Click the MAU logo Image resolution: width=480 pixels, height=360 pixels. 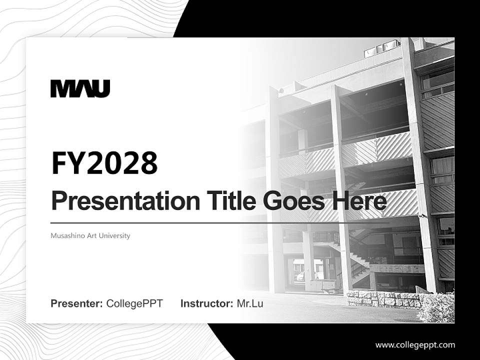pyautogui.click(x=80, y=88)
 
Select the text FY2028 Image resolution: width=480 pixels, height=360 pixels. pyautogui.click(x=104, y=163)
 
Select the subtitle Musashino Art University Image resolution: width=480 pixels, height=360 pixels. pyautogui.click(x=90, y=235)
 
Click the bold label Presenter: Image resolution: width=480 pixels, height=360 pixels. pyautogui.click(x=77, y=303)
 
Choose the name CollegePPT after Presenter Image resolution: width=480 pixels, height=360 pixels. pyautogui.click(x=134, y=303)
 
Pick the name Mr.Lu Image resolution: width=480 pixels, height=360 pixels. pyautogui.click(x=250, y=303)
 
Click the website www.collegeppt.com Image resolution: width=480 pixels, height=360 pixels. pyautogui.click(x=415, y=344)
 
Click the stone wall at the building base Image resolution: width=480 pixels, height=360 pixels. pyautogui.click(x=382, y=299)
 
